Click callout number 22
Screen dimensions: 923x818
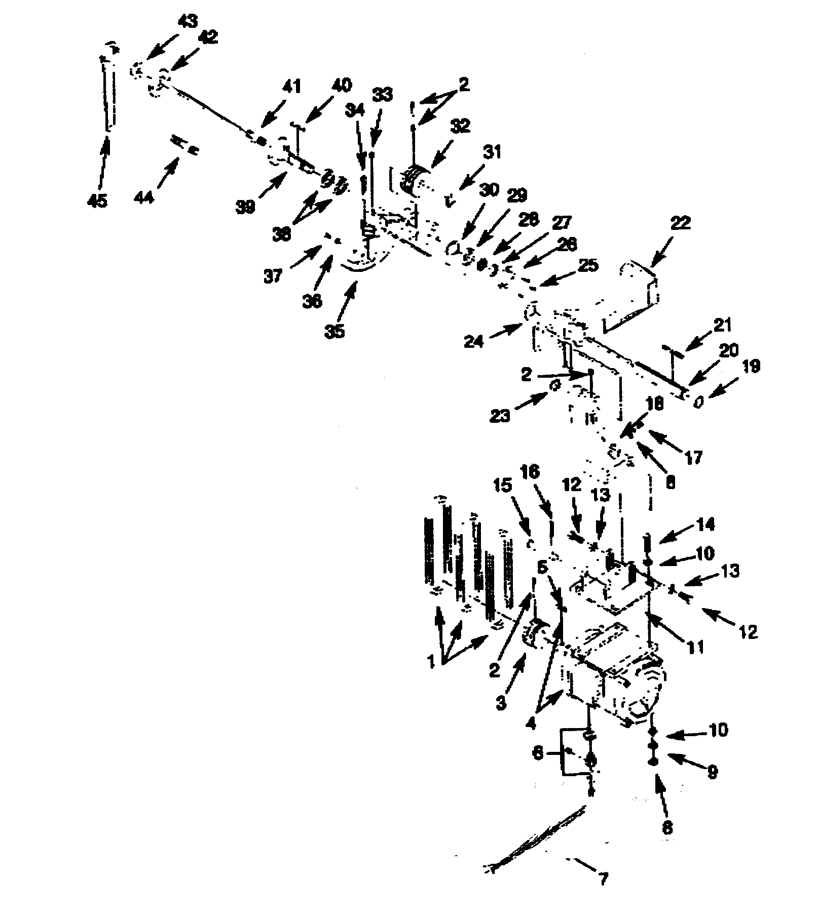[x=680, y=223]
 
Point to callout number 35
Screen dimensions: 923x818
[x=334, y=332]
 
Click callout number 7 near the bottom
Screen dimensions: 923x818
[x=602, y=878]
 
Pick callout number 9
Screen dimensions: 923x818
[x=712, y=773]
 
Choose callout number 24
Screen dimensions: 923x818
[x=474, y=342]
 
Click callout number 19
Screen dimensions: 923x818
[x=752, y=367]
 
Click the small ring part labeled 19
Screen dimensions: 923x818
[x=699, y=402]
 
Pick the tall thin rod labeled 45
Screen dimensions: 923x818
[x=108, y=94]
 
